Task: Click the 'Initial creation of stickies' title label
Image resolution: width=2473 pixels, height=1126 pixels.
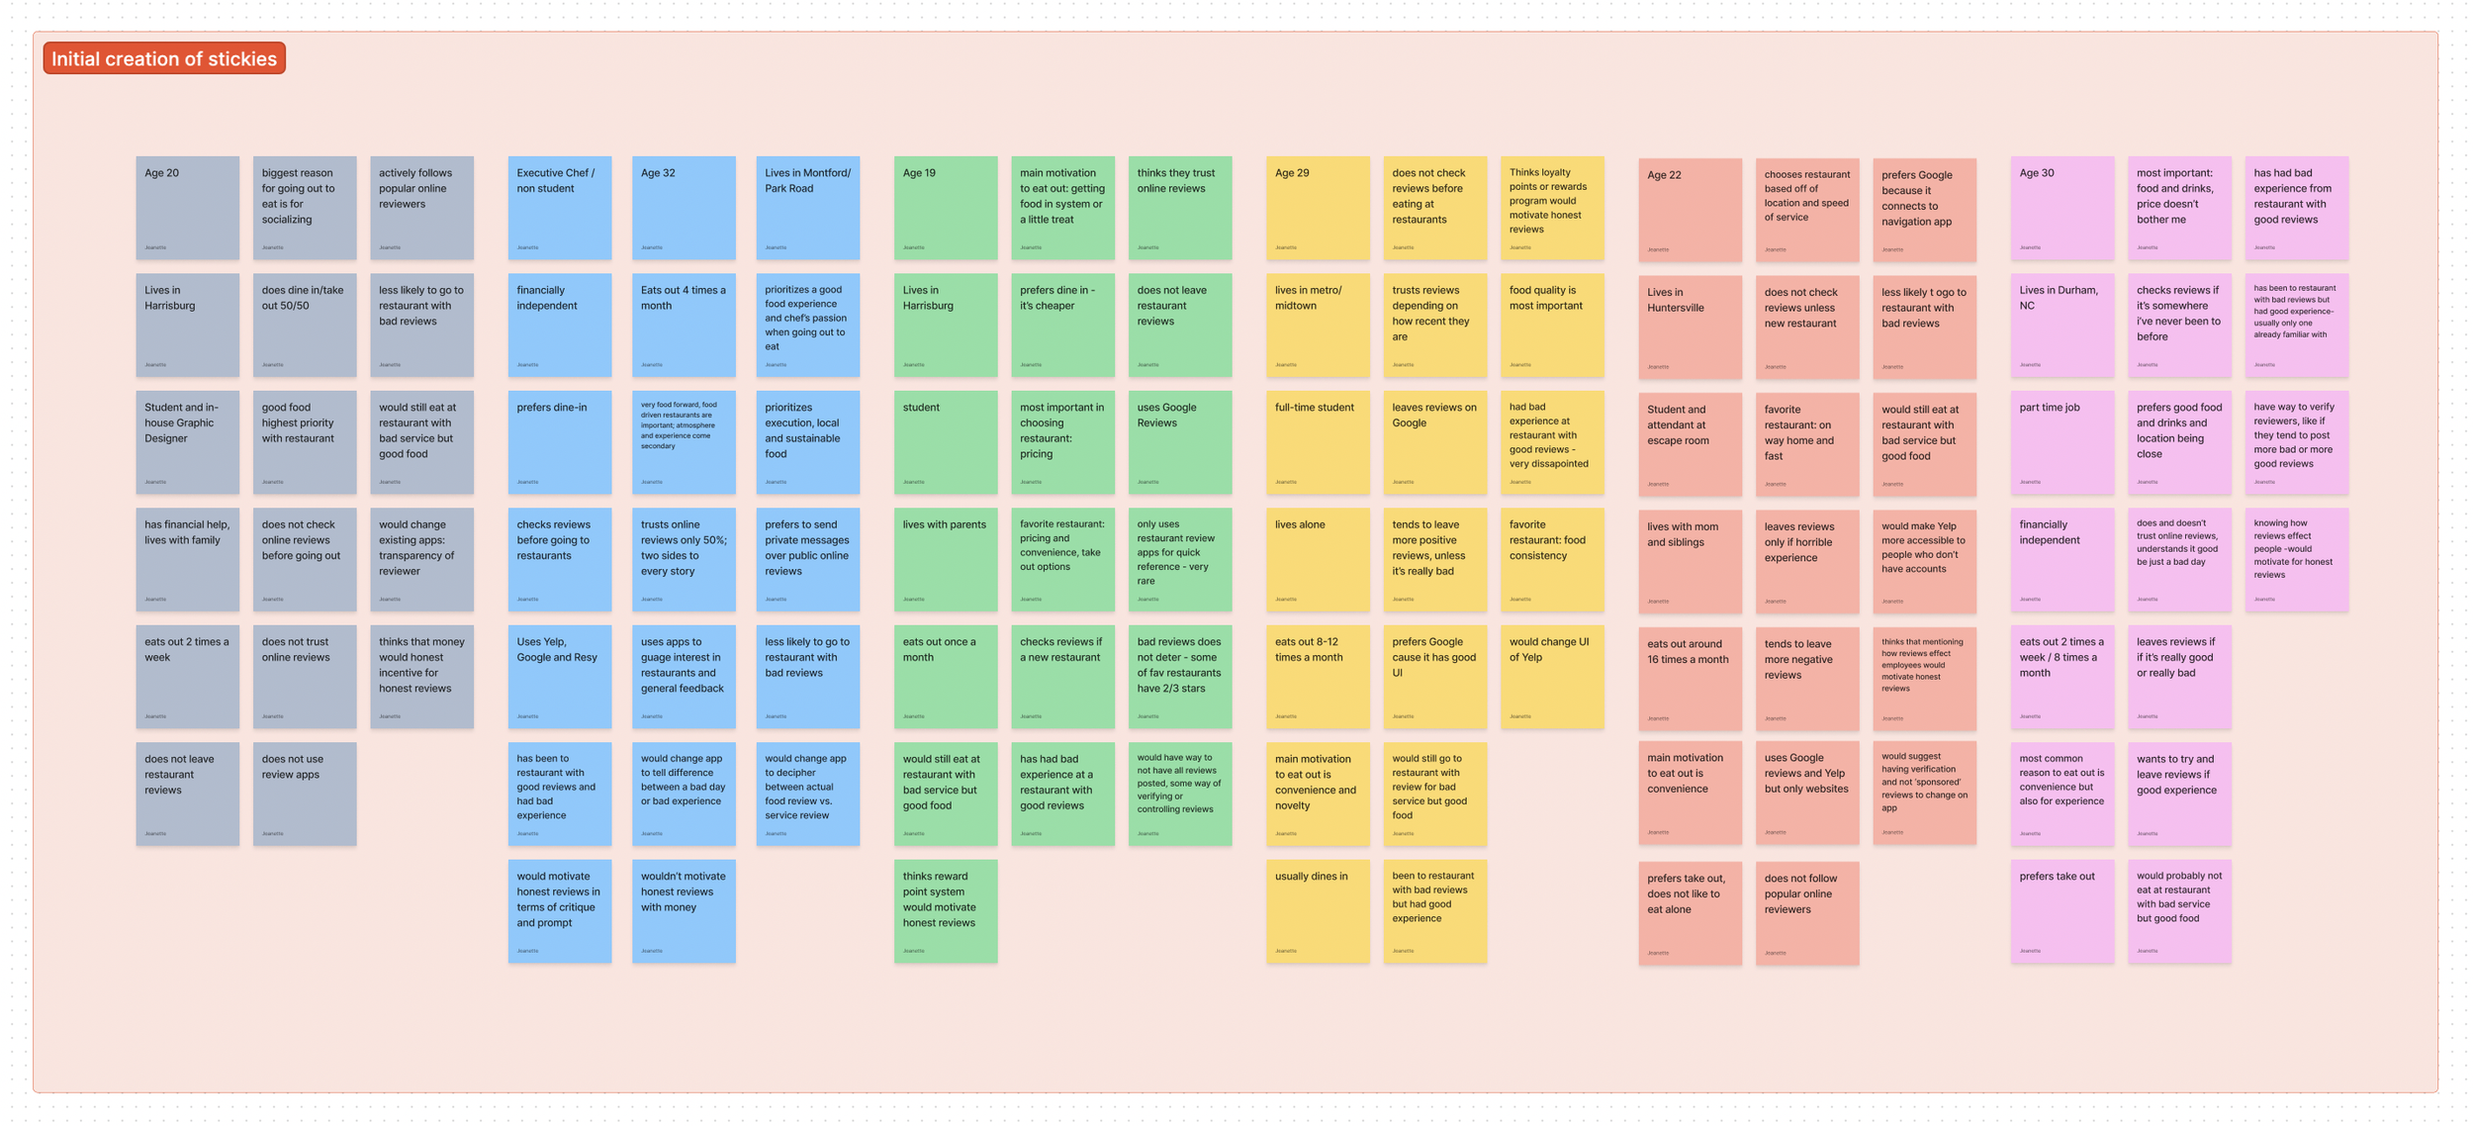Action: tap(164, 58)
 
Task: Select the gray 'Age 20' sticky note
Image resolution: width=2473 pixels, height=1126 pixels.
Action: tap(187, 207)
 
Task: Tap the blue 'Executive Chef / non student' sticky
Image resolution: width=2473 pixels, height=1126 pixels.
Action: tap(559, 207)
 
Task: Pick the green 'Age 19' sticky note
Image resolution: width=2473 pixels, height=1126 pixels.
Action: tap(945, 207)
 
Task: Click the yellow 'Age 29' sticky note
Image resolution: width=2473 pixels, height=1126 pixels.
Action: tap(1317, 207)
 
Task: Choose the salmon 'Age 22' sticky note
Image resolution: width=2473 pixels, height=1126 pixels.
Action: tap(1689, 209)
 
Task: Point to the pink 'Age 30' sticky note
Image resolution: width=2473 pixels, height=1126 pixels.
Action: tap(2061, 207)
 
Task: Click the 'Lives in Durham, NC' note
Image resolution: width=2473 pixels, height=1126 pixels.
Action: tap(2061, 325)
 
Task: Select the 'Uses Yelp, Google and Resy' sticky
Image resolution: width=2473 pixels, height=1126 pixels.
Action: tap(559, 676)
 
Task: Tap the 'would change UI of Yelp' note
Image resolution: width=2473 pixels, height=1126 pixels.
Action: tap(1551, 676)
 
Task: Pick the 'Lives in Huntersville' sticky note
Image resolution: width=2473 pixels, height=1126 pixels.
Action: tap(1689, 327)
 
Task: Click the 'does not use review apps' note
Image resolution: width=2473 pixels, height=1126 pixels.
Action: tap(304, 794)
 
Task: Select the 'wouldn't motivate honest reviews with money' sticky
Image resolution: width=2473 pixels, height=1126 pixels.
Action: tap(683, 910)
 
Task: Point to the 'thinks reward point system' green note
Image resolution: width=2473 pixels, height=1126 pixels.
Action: tap(945, 910)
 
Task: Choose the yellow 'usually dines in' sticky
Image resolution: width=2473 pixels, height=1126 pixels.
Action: tap(1317, 910)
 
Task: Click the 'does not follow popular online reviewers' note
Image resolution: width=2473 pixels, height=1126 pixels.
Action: tap(1806, 912)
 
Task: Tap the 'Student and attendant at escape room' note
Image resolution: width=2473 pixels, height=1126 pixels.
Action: tap(1689, 443)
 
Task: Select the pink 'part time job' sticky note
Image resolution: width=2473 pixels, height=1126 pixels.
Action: tap(2061, 441)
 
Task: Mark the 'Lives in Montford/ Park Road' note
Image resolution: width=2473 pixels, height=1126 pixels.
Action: tap(807, 207)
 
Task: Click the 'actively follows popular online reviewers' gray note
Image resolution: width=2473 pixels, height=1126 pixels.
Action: tap(421, 207)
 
